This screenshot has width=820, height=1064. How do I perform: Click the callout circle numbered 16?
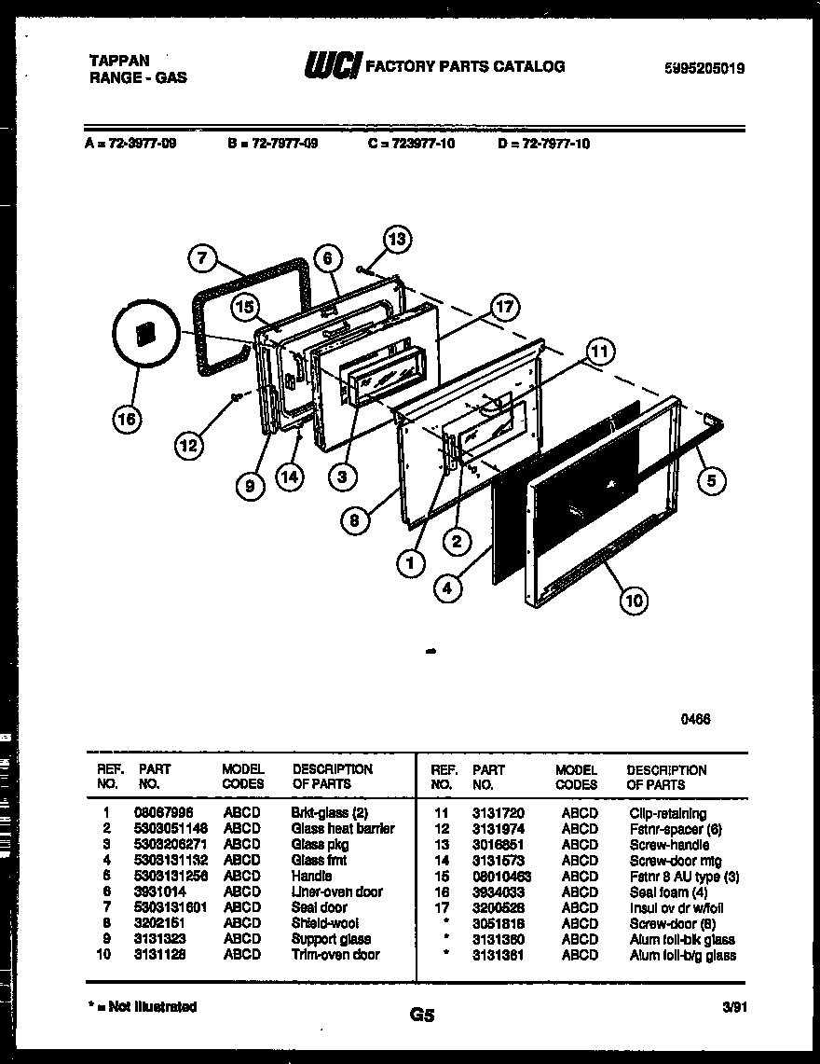coord(127,421)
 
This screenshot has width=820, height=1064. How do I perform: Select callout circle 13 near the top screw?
coord(397,240)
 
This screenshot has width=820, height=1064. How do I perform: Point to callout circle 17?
coord(503,309)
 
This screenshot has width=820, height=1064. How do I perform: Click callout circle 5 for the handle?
coord(711,481)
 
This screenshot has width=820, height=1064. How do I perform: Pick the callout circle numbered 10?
coord(634,601)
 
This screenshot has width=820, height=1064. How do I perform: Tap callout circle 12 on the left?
coord(189,447)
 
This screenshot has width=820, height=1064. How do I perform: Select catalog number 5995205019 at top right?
coord(704,68)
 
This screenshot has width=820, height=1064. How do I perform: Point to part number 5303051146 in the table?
coord(171,828)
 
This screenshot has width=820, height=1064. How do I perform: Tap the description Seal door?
coord(319,907)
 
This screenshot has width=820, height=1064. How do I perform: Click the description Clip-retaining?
coord(667,814)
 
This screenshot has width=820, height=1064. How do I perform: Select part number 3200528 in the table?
coord(498,908)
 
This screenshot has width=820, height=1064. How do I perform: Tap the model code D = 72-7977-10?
coord(543,144)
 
